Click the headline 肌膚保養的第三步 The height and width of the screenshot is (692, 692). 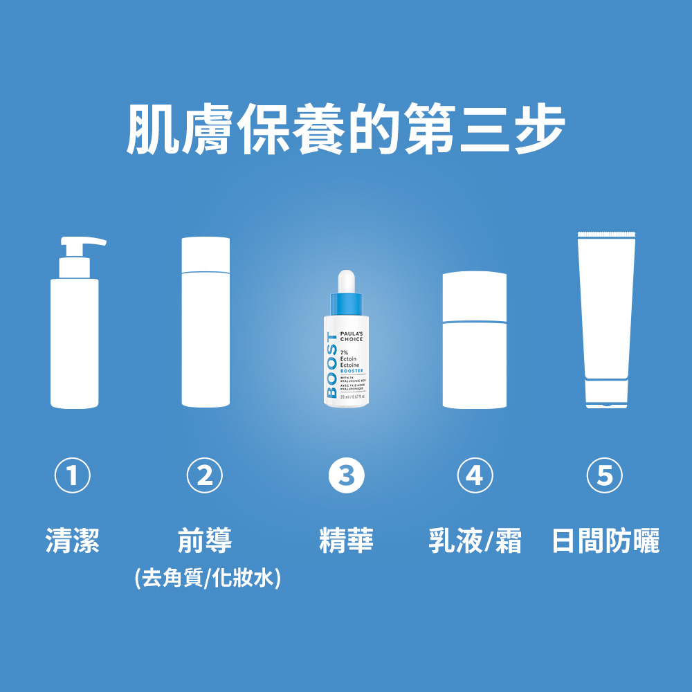346,129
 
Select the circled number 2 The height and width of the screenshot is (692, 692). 205,475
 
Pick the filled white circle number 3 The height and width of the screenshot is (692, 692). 346,475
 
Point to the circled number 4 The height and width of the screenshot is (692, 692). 474,475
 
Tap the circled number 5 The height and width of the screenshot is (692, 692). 604,475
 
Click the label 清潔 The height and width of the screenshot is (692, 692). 72,540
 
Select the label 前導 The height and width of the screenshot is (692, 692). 205,540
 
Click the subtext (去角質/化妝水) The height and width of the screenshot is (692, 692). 208,577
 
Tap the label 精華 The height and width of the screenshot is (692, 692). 346,540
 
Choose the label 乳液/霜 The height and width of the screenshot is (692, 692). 475,540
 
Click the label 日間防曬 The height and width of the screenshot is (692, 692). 605,540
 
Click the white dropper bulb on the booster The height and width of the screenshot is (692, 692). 345,281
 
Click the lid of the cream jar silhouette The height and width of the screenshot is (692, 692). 475,296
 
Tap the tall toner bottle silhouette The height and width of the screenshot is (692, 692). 206,322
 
